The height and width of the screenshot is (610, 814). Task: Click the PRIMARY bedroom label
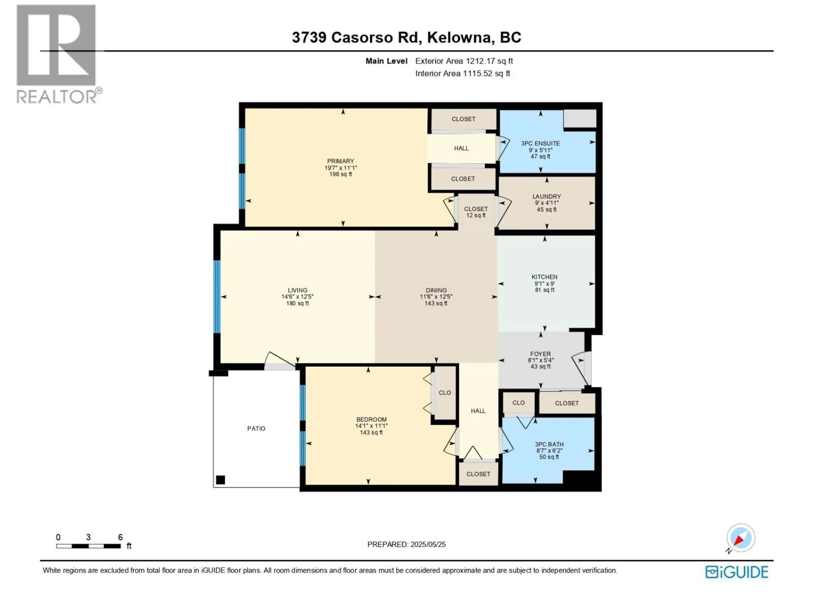pos(340,161)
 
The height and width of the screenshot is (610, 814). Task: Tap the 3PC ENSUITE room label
pos(540,143)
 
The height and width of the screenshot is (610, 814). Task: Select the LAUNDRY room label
pos(546,196)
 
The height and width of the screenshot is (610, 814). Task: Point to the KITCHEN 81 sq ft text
pos(545,290)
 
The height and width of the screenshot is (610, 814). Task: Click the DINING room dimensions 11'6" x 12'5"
pos(436,297)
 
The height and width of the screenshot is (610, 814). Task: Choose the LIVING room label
pos(297,290)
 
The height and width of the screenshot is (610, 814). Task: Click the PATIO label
pos(256,428)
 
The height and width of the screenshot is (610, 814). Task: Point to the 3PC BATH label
pos(549,444)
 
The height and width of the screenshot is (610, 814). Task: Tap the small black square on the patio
pos(220,480)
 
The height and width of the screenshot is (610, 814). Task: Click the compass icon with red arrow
pos(740,538)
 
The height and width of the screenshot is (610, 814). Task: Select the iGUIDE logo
pos(737,572)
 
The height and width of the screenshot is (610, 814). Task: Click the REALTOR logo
pos(57,53)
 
